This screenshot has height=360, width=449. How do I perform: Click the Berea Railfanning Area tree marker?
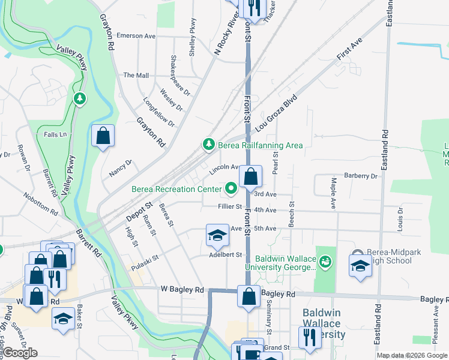click(x=208, y=145)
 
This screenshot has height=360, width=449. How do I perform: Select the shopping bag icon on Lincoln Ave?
click(x=251, y=177)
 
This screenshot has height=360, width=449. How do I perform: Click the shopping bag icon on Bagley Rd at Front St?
click(x=249, y=297)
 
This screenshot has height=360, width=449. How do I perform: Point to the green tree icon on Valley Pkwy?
click(x=79, y=98)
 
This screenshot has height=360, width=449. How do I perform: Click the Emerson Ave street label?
click(x=136, y=36)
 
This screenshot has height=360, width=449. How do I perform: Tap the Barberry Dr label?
click(x=361, y=176)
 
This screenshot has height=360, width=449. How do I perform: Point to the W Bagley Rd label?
click(x=182, y=289)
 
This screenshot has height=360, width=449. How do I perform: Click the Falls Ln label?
click(x=55, y=134)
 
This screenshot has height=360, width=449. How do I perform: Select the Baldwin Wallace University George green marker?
click(x=325, y=261)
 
